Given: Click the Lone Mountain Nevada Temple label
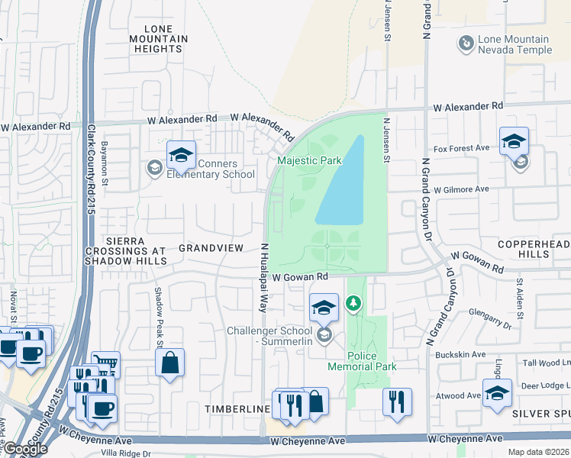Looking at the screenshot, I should (514, 44).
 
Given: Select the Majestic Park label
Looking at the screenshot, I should (308, 161).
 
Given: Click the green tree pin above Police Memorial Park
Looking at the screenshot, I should (353, 304).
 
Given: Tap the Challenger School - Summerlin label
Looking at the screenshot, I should (270, 336).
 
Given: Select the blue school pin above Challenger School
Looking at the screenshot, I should (324, 307).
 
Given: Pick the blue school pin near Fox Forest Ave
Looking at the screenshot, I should (514, 140).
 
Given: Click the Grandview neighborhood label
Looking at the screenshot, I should (211, 248).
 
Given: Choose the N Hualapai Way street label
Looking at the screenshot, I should (264, 278).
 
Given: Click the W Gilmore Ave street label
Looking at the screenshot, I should (460, 189).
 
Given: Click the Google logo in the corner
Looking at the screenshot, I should (24, 448).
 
